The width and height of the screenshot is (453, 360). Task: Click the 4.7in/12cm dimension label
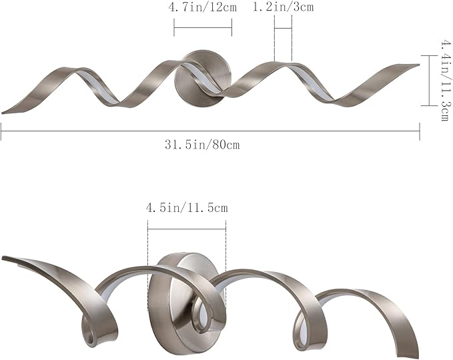pyautogui.click(x=203, y=7)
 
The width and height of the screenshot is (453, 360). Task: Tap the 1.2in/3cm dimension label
pyautogui.click(x=283, y=7)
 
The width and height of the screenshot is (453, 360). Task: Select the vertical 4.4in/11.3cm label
pyautogui.click(x=444, y=80)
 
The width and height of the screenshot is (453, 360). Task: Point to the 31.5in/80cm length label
pyautogui.click(x=202, y=145)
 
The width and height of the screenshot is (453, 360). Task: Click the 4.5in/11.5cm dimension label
pyautogui.click(x=187, y=207)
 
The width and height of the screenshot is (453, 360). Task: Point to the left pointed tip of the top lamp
pyautogui.click(x=2, y=113)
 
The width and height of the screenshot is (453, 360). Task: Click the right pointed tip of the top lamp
pyautogui.click(x=418, y=65)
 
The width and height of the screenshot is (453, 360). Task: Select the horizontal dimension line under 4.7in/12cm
pyautogui.click(x=203, y=28)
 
